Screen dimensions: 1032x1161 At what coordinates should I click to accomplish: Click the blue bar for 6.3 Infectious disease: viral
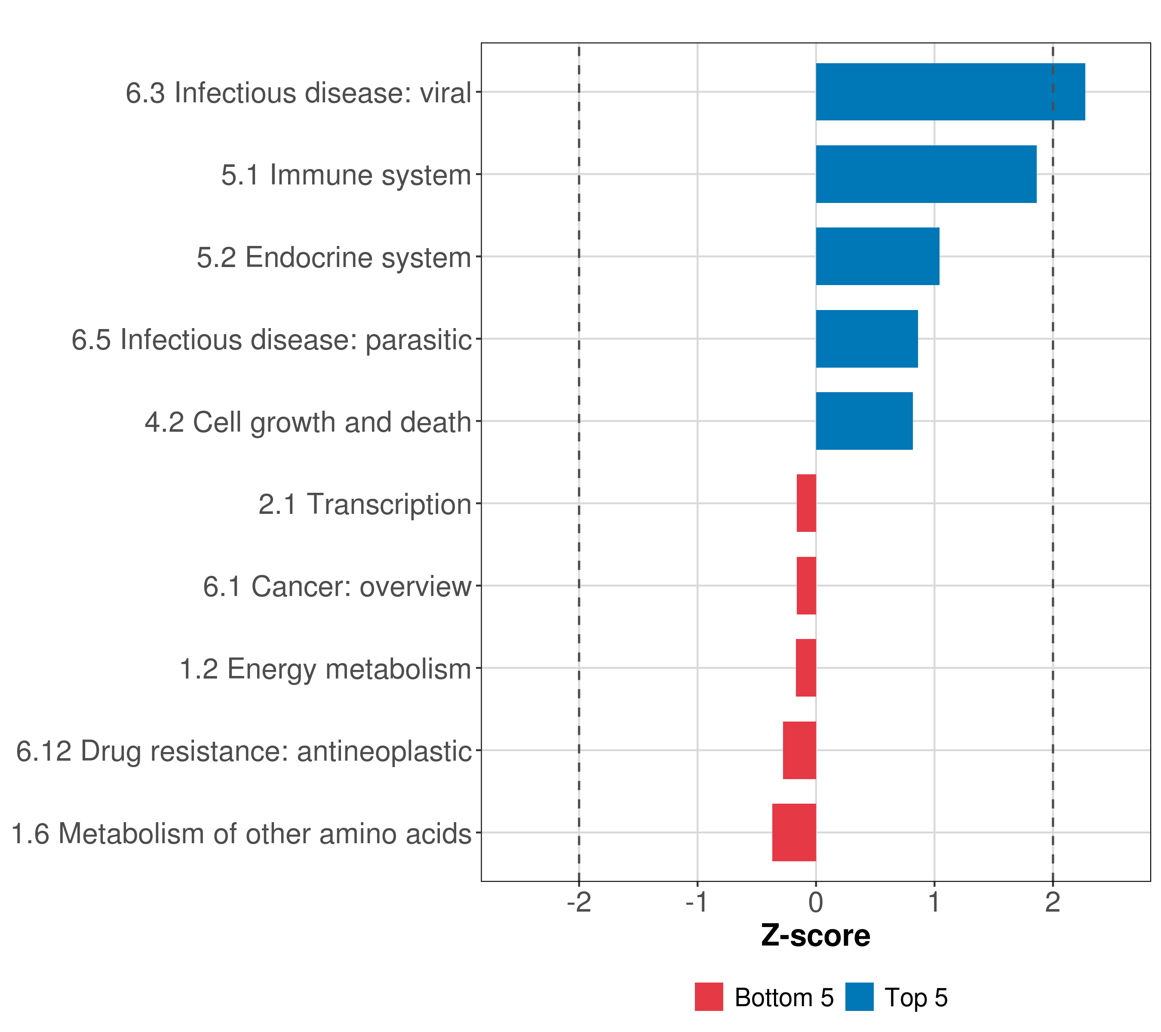coord(950,92)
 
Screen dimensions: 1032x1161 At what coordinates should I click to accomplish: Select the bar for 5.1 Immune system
coord(926,175)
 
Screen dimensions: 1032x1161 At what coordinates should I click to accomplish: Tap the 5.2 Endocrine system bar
coord(877,256)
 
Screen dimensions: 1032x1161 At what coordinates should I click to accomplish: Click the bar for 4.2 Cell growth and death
coord(864,421)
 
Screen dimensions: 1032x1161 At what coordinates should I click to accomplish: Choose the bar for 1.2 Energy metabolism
coord(805,668)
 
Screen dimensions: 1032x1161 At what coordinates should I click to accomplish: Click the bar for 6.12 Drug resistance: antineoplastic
coord(799,750)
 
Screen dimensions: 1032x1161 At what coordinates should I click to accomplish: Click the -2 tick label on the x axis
coord(579,903)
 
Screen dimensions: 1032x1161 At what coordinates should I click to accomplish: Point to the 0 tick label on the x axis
coord(816,903)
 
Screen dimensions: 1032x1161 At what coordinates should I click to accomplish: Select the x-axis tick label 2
coord(1053,903)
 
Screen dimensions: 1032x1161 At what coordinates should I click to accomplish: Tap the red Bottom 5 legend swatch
coord(709,997)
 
